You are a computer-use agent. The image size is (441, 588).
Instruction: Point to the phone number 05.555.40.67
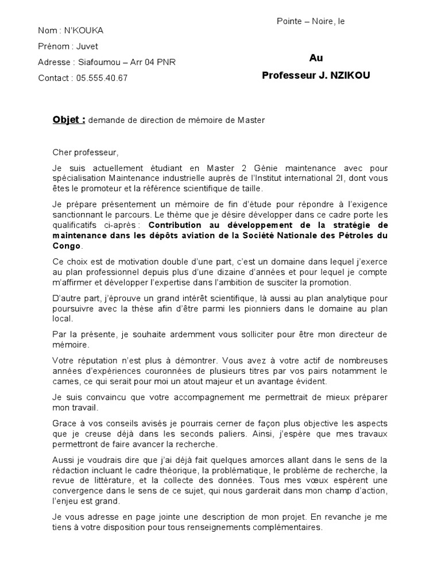click(x=102, y=78)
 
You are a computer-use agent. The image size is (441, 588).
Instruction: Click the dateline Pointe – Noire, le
click(x=311, y=21)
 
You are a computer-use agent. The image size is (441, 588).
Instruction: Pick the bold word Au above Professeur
click(x=316, y=58)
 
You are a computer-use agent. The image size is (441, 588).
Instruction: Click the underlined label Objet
click(x=68, y=119)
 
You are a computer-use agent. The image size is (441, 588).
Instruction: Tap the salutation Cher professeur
click(x=85, y=153)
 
